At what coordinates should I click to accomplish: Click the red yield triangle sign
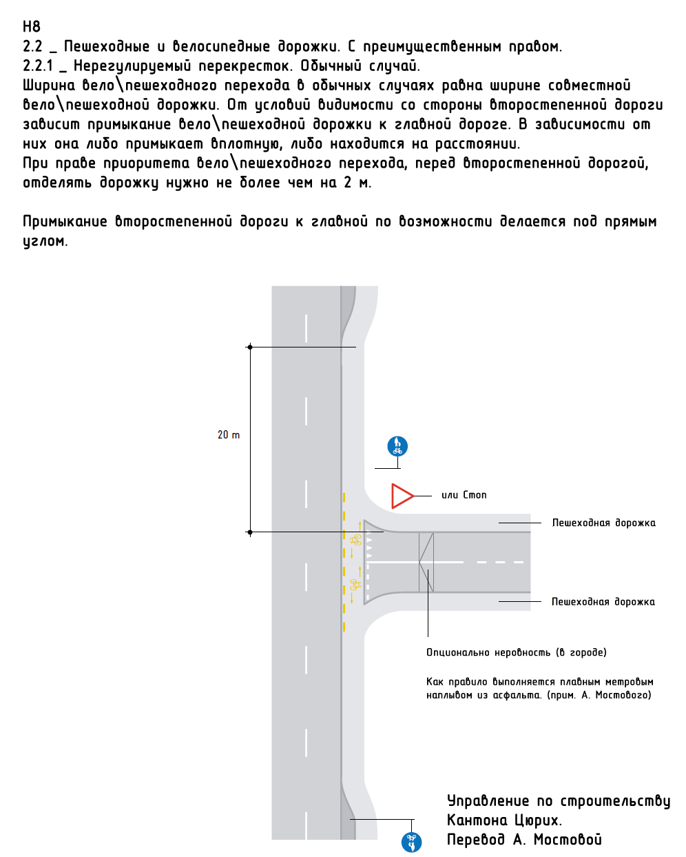pyautogui.click(x=401, y=496)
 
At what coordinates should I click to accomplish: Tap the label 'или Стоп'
pyautogui.click(x=464, y=495)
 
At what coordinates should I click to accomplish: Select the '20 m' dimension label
pyautogui.click(x=229, y=435)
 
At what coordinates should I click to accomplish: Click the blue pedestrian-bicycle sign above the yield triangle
pyautogui.click(x=397, y=446)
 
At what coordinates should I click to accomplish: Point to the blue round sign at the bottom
pyautogui.click(x=411, y=842)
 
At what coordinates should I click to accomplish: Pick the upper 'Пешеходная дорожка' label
pyautogui.click(x=603, y=523)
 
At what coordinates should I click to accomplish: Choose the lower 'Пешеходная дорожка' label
pyautogui.click(x=603, y=602)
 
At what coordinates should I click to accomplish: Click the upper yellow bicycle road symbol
pyautogui.click(x=356, y=540)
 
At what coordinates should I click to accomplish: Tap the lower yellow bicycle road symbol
pyautogui.click(x=355, y=585)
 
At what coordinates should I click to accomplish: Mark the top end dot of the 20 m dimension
pyautogui.click(x=250, y=347)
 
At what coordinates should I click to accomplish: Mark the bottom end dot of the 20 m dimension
pyautogui.click(x=250, y=532)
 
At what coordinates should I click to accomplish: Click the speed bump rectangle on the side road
pyautogui.click(x=426, y=562)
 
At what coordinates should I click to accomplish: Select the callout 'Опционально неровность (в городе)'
pyautogui.click(x=516, y=652)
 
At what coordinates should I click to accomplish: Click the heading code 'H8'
pyautogui.click(x=32, y=27)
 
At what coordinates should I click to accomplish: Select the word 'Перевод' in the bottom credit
pyautogui.click(x=476, y=840)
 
